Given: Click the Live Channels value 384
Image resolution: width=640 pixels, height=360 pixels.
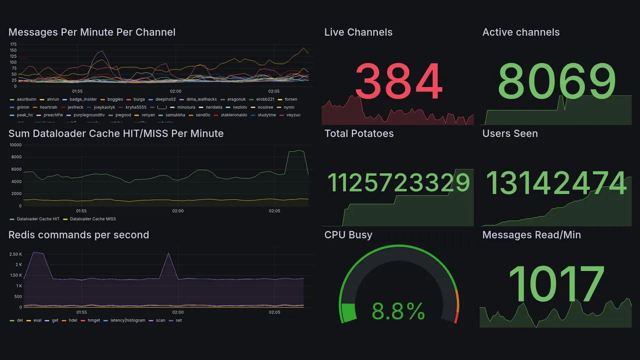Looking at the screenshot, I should coord(398,81).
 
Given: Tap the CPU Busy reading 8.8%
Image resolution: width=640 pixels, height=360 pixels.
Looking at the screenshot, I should coord(398,312).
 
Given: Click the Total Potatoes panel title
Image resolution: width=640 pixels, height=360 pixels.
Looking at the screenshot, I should coord(358,133).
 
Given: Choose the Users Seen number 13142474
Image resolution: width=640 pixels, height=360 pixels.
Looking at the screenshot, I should coord(556,183).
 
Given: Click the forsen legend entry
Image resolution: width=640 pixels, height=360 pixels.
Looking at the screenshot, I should coord(290,99).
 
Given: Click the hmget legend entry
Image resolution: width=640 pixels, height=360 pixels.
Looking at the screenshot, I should coord(93,320).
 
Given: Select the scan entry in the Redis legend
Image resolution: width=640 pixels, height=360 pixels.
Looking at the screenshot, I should coord(160,320).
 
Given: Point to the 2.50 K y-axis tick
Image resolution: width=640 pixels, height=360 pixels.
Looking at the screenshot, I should coord(15,254).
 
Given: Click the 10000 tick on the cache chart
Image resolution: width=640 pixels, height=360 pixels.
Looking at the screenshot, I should coord(15,145).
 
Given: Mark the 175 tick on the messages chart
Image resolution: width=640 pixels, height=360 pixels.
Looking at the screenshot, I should coord(13,44).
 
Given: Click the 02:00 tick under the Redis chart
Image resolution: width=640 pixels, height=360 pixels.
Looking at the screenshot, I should coord(178,312).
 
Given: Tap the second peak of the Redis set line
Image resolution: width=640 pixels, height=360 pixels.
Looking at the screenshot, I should coord(168,253).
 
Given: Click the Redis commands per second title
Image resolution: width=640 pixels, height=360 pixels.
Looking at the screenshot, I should coord(78,235).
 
